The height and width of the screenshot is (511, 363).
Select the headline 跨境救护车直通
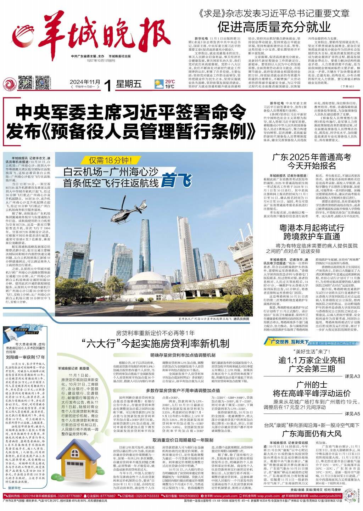point(307,236)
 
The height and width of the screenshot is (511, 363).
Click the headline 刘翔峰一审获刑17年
point(25,357)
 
